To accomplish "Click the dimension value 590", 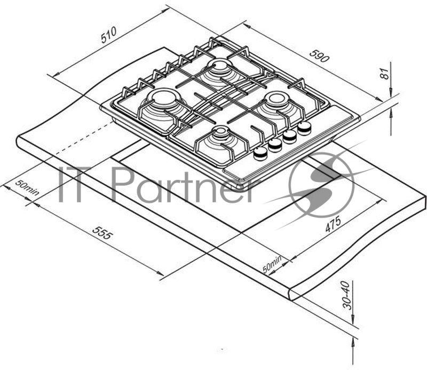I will click(x=318, y=56).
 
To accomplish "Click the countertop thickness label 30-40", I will click(x=347, y=297).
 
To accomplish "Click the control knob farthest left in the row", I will click(x=260, y=153).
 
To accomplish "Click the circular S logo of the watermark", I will click(x=321, y=185).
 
